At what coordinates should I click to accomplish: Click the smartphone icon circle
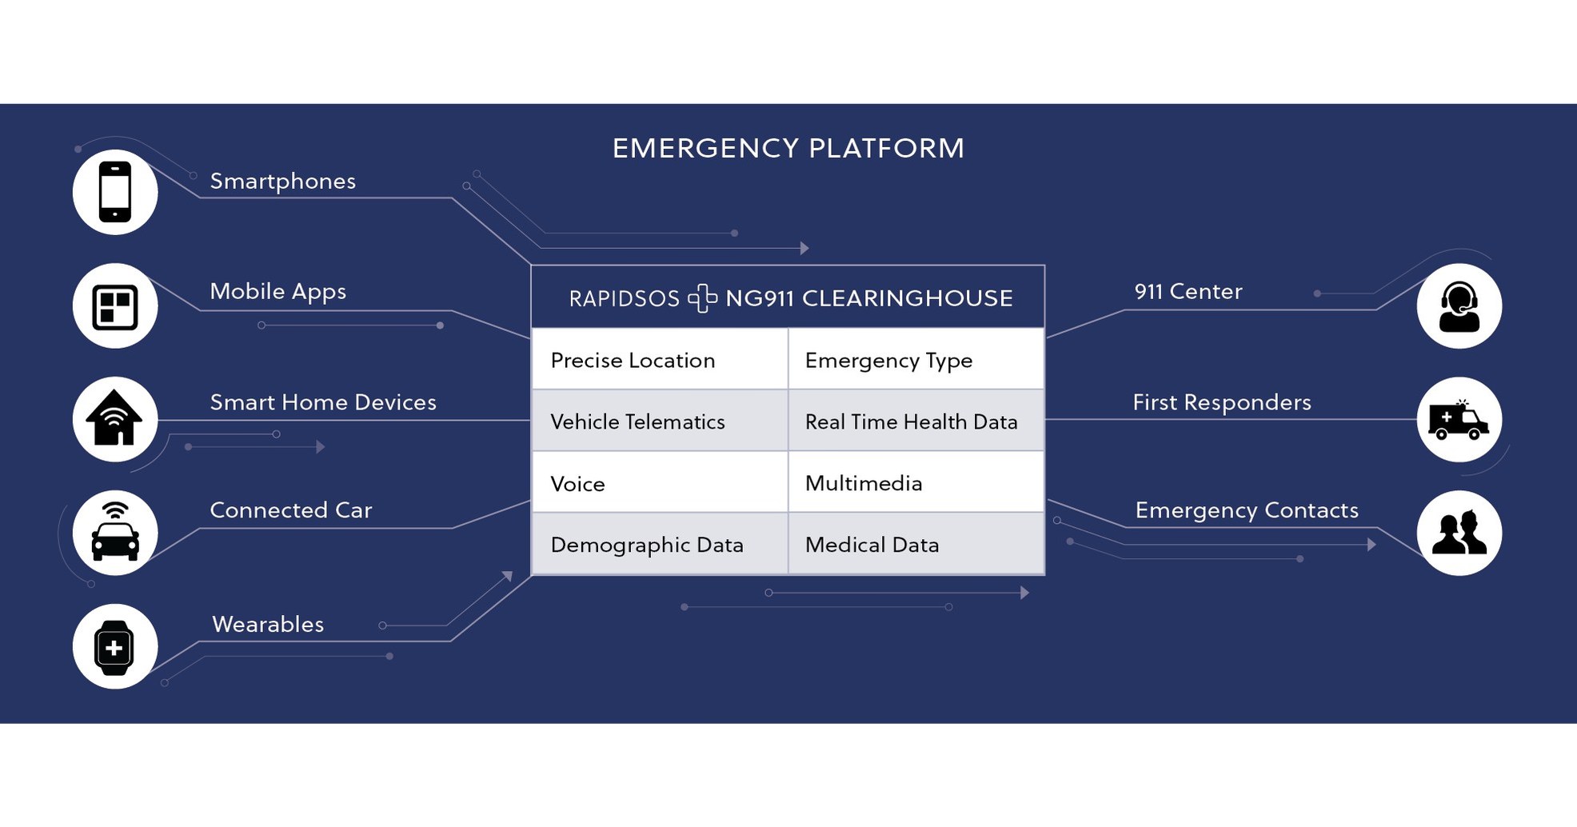115,192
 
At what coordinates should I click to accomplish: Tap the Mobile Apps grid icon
115,306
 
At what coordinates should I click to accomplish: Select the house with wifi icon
115,419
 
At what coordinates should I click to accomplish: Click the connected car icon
115,533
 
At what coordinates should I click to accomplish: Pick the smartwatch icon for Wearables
114,647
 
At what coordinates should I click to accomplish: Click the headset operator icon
1459,306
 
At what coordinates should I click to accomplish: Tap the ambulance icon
1459,420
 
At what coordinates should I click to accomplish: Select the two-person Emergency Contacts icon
1459,533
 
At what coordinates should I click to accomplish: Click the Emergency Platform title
788,148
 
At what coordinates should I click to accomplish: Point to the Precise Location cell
660,360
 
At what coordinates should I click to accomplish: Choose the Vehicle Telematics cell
660,421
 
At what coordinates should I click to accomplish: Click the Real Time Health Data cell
916,421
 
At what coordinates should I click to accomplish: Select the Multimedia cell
916,483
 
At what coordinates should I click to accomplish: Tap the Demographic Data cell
660,545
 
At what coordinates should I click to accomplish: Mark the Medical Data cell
916,545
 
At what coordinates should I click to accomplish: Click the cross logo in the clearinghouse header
702,298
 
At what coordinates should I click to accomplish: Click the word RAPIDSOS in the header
624,298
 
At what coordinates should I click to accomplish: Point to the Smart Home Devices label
323,402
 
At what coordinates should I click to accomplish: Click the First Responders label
1221,402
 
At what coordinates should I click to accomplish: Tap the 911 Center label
1188,292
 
